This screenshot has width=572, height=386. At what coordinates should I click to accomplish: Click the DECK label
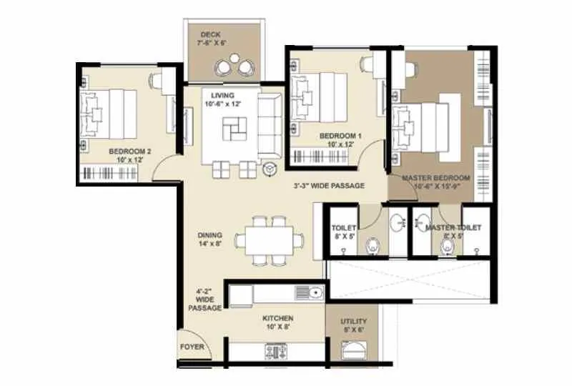click(210, 34)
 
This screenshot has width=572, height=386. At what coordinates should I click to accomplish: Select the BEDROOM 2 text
click(130, 152)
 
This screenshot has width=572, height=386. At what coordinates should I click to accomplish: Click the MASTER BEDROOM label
click(435, 177)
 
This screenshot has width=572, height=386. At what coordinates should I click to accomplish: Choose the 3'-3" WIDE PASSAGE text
click(329, 186)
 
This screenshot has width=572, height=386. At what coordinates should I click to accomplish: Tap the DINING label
click(210, 234)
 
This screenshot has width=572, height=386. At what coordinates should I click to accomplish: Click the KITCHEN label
click(277, 318)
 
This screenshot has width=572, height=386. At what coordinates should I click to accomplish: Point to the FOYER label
click(192, 347)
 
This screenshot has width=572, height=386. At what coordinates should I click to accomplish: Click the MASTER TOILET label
click(453, 227)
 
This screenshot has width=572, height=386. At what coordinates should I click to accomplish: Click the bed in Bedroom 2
click(111, 114)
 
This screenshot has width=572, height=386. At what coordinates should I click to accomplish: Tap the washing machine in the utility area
click(354, 353)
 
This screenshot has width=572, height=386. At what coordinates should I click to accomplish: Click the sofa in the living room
click(270, 127)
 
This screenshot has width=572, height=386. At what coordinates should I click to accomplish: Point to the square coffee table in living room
click(232, 130)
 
